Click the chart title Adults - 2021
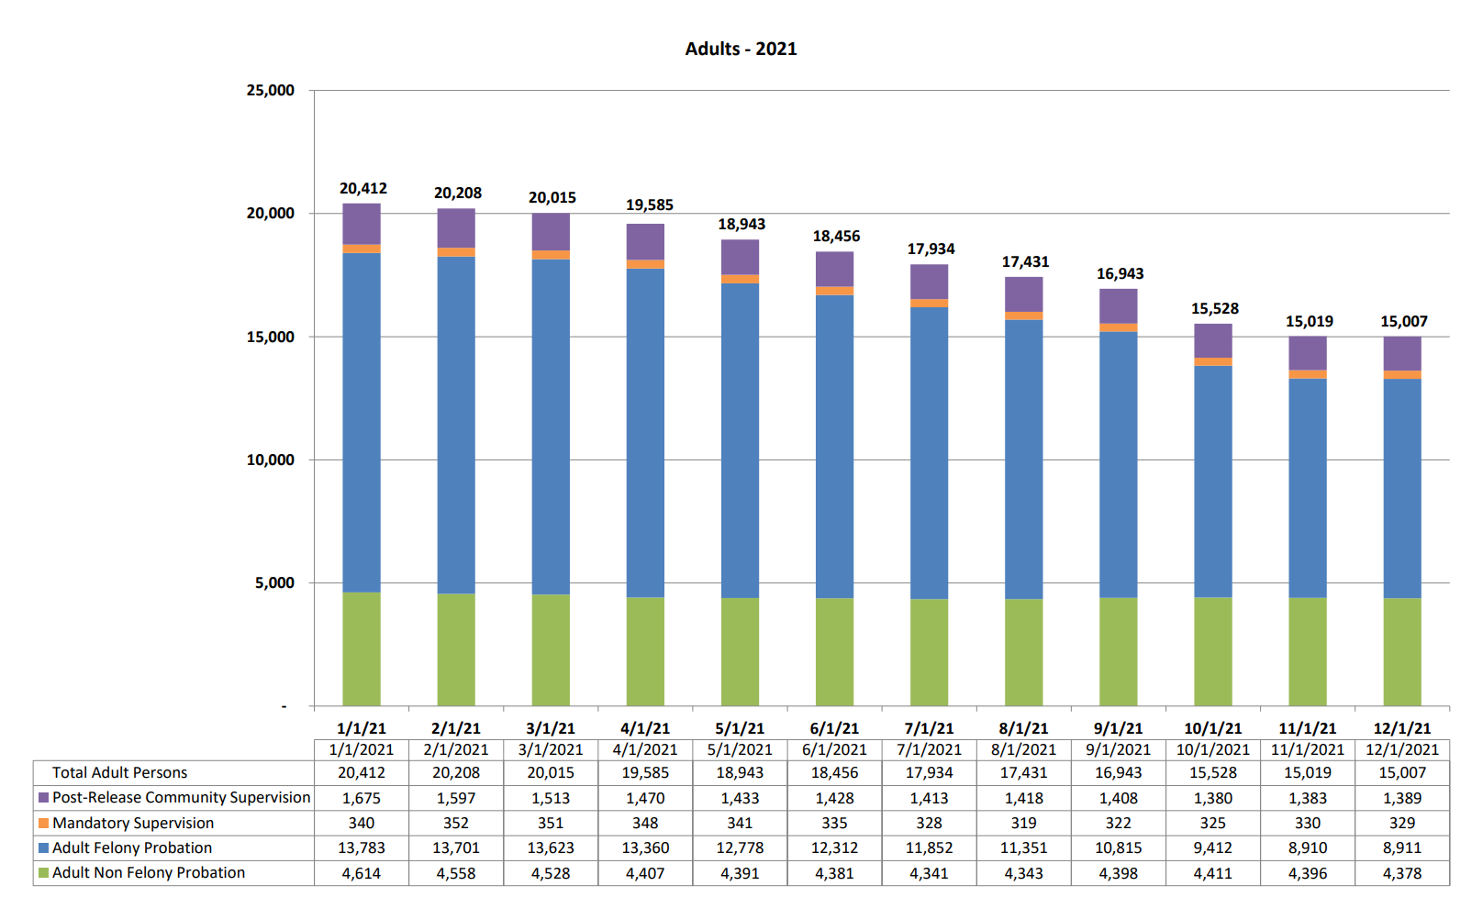pos(741,49)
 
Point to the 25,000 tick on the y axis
pos(270,90)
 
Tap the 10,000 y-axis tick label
pos(270,460)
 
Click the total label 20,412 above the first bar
pos(362,188)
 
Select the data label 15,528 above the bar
pos(1214,308)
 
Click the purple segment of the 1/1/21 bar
pos(362,224)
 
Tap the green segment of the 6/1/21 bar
pos(834,651)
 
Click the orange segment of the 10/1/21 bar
pos(1213,361)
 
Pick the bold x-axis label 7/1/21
pos(929,728)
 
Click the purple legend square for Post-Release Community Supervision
pos(43,798)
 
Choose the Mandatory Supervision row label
pos(133,823)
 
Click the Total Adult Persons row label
pos(119,772)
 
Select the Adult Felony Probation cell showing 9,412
pos(1212,847)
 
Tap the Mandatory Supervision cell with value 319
pos(1023,823)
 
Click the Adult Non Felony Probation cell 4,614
pos(361,873)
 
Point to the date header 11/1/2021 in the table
pos(1307,749)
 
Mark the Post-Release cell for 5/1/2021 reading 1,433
pos(740,798)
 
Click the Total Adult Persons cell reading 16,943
pos(1118,772)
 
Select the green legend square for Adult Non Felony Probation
pos(43,873)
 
